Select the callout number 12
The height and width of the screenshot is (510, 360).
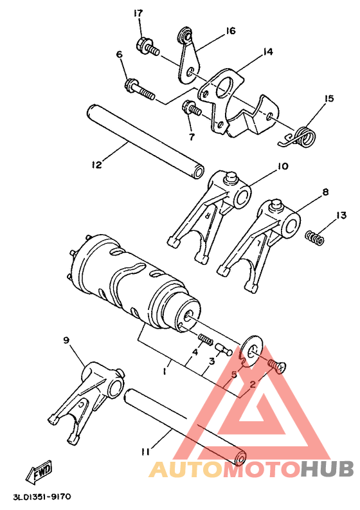[96, 165]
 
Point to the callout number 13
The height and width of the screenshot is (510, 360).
[340, 215]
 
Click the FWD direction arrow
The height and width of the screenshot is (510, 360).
[39, 472]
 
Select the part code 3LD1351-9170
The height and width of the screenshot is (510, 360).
[41, 497]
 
